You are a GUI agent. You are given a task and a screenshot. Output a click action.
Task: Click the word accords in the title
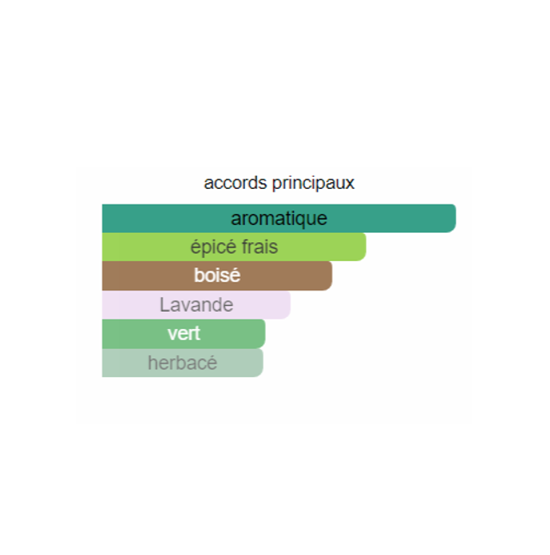point(235,183)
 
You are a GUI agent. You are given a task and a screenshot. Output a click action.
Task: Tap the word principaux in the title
point(314,184)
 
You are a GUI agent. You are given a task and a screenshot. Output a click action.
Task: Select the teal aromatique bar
point(279,218)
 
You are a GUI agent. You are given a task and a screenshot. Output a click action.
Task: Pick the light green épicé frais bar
point(234,247)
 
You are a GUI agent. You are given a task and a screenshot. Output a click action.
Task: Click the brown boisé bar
point(217,276)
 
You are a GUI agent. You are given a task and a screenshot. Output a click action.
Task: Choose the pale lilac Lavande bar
point(197,305)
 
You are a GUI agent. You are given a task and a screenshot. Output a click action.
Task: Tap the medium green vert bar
point(184,334)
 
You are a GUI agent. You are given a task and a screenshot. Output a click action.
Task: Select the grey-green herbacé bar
point(183,363)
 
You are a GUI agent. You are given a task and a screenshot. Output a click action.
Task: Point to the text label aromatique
point(279,219)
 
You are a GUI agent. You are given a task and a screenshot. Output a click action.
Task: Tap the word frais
point(260,247)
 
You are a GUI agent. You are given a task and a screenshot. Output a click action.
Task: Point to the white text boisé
point(217,276)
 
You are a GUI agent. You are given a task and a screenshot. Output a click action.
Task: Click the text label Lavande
point(197,305)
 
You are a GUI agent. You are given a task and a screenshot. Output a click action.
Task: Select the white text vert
point(184,333)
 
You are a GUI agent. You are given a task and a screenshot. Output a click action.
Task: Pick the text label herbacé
point(183,363)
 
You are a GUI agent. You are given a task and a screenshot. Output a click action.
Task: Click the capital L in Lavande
point(165,305)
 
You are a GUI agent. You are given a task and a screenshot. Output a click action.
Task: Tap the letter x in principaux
point(350,185)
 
